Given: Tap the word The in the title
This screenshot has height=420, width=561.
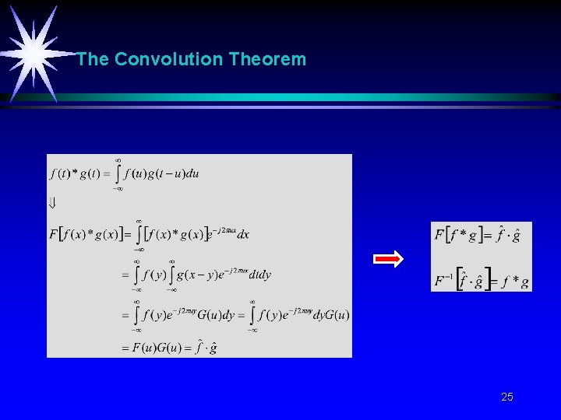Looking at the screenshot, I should [93, 59].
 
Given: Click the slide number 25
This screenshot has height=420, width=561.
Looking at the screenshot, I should [507, 397].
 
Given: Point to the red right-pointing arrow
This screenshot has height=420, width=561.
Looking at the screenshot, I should [388, 259].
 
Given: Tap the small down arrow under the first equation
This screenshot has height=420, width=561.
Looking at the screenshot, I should [52, 203].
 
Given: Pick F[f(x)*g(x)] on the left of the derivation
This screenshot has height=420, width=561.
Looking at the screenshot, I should [87, 234].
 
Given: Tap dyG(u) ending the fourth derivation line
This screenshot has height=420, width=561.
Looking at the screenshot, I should [333, 315].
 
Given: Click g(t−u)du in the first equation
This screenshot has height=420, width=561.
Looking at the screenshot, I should [174, 173].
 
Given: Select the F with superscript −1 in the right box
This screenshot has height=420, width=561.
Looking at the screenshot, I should [443, 278].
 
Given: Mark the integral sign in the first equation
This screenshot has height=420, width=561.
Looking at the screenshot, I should [118, 173].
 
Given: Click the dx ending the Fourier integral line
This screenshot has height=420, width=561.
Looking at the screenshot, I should [242, 234].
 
